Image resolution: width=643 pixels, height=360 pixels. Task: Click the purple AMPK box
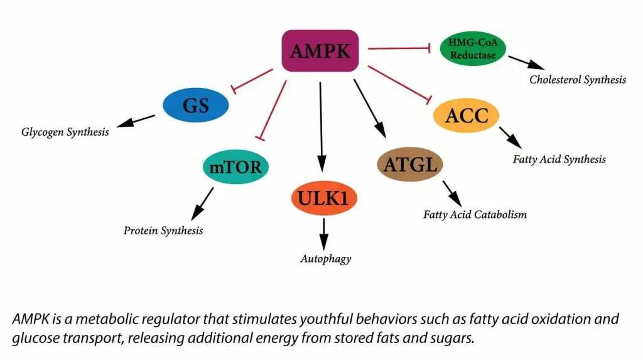320,50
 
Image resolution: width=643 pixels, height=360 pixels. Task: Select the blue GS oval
195,106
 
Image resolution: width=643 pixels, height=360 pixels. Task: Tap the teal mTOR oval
236,167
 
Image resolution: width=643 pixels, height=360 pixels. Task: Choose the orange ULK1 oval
323,199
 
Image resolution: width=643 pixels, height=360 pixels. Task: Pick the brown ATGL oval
410,165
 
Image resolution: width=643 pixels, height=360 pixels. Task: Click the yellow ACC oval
466,116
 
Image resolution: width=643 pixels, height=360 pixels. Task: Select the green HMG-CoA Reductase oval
472,48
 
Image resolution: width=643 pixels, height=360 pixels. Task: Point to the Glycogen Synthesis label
65,132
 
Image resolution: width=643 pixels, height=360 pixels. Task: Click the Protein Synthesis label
163,231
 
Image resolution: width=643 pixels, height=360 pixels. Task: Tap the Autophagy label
325,258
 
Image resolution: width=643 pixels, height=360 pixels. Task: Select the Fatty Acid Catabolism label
475,214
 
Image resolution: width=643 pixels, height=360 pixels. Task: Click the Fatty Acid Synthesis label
559,159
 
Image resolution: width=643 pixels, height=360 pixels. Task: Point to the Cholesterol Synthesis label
577,80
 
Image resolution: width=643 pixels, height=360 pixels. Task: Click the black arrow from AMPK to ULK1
321,126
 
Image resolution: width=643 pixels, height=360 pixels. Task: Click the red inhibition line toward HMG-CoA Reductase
398,48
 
